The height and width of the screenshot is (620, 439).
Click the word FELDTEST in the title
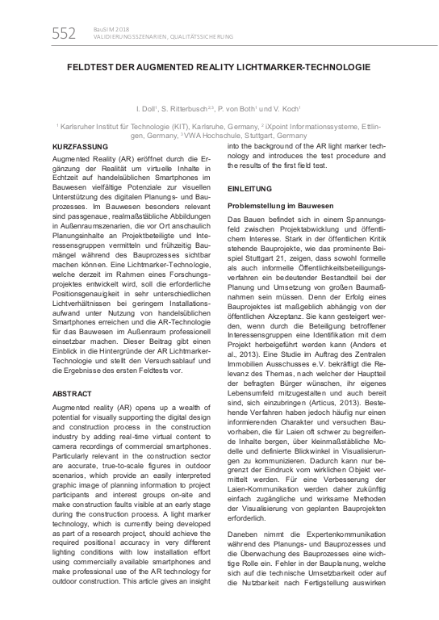point(92,71)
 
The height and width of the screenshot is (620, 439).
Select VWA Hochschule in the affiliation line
point(231,136)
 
